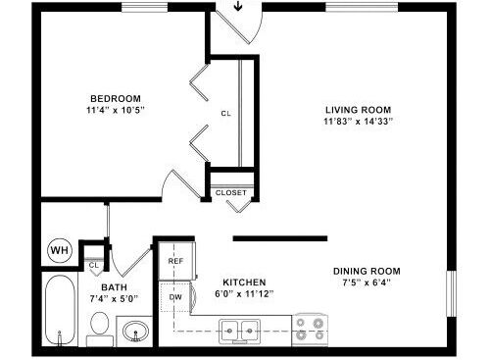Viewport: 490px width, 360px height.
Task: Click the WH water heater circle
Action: (x=60, y=251)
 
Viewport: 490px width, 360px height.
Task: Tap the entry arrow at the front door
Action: (x=238, y=6)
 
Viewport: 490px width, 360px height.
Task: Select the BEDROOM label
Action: (x=116, y=98)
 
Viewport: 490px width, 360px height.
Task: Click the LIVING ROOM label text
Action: (x=358, y=110)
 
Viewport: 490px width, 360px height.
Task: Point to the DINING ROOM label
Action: (x=367, y=271)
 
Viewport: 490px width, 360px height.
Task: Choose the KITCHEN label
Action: (x=244, y=283)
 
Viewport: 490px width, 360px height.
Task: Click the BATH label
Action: (x=114, y=287)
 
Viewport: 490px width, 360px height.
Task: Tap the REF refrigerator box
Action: (x=176, y=261)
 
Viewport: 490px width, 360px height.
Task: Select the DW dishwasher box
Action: (x=175, y=297)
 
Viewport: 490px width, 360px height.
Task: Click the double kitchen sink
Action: (x=239, y=331)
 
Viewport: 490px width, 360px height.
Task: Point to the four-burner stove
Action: (x=310, y=330)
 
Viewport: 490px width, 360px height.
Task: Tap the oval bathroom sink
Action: (x=135, y=331)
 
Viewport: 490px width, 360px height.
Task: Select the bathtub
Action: (x=60, y=310)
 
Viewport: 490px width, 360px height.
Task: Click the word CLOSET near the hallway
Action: (x=231, y=193)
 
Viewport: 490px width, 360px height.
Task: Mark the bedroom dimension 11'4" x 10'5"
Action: (x=116, y=110)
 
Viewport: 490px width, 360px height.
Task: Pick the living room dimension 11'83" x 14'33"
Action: (x=358, y=122)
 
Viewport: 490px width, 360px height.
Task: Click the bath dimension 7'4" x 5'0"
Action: (x=114, y=298)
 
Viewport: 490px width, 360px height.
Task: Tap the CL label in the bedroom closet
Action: (x=226, y=114)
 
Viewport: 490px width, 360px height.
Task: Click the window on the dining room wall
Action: (x=452, y=293)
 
